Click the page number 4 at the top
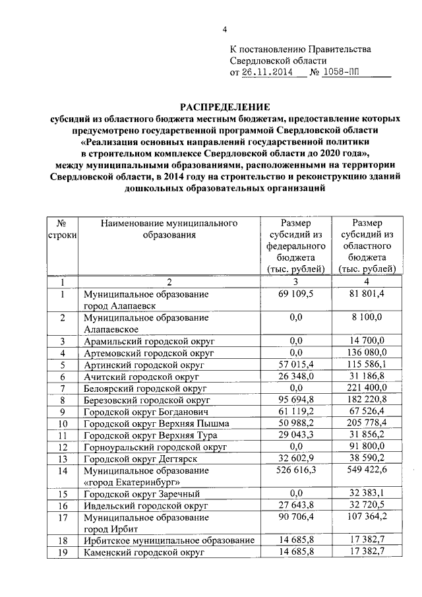(x=224, y=30)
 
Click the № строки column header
(x=62, y=230)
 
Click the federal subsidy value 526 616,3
(x=295, y=472)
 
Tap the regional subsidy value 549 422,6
(x=367, y=472)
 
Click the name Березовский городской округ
(x=146, y=400)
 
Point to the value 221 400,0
(x=367, y=389)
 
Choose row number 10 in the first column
(x=62, y=424)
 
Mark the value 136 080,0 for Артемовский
(x=367, y=353)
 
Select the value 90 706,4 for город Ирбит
(x=295, y=518)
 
